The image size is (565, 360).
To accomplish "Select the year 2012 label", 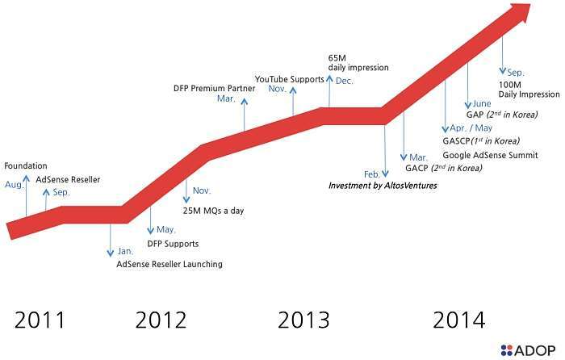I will tap(161, 320).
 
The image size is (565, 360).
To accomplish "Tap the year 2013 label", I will tap(303, 320).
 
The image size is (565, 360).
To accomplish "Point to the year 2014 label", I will tap(459, 320).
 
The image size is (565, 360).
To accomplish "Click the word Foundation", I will tap(26, 165).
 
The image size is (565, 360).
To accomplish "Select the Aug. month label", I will tap(14, 185).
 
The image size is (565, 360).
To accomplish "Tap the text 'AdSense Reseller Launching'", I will tap(169, 264).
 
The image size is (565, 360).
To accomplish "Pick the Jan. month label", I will tap(126, 251).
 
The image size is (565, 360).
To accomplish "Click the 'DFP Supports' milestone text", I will tap(172, 243).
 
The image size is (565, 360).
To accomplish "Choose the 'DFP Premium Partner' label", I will tap(215, 88).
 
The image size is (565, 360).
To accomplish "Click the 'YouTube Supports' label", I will tap(289, 78).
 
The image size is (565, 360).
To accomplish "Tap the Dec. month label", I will tap(344, 81).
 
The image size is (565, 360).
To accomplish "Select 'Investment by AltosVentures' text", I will tap(382, 186).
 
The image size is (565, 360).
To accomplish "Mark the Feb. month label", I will tap(372, 174).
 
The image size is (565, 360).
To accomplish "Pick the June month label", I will tap(482, 103).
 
